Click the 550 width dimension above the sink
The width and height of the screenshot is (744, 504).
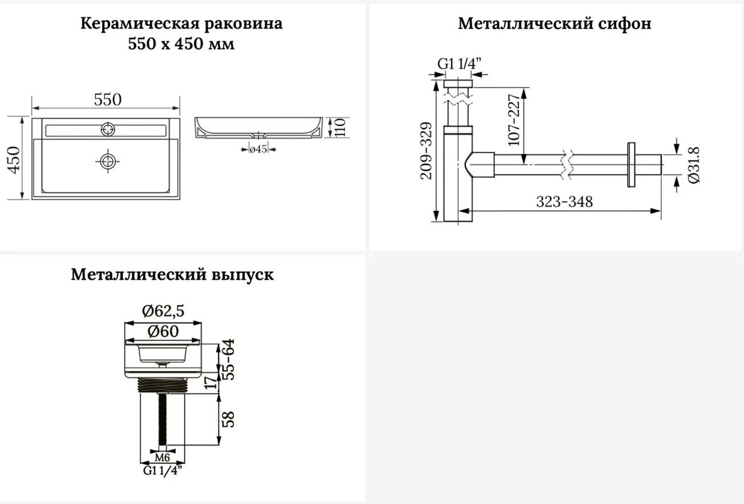pyautogui.click(x=108, y=100)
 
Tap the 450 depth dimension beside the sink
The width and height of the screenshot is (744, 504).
pyautogui.click(x=14, y=160)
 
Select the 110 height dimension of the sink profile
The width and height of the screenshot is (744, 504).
pyautogui.click(x=340, y=128)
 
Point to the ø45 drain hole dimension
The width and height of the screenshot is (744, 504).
pyautogui.click(x=258, y=149)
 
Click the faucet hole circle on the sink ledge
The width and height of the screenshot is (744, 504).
pyautogui.click(x=108, y=129)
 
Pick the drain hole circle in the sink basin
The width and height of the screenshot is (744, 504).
pyautogui.click(x=108, y=161)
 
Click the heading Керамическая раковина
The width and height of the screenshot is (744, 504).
pyautogui.click(x=181, y=23)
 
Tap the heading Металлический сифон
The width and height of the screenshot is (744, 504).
pyautogui.click(x=554, y=23)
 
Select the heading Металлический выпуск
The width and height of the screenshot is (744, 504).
pyautogui.click(x=172, y=274)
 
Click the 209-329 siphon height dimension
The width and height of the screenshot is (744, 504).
pyautogui.click(x=426, y=151)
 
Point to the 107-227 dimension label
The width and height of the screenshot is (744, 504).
pyautogui.click(x=514, y=120)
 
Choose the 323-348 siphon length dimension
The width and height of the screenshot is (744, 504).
pyautogui.click(x=564, y=202)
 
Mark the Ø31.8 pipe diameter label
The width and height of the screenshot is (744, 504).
pyautogui.click(x=693, y=164)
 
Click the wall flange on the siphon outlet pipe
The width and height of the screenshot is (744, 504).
pyautogui.click(x=631, y=164)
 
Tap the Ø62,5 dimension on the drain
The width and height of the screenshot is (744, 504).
pyautogui.click(x=163, y=311)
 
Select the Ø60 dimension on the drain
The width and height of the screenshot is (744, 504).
pyautogui.click(x=163, y=331)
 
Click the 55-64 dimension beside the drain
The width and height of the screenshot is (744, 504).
pyautogui.click(x=229, y=358)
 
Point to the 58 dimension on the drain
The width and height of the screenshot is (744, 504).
pyautogui.click(x=229, y=419)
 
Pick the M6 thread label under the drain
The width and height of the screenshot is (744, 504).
pyautogui.click(x=163, y=457)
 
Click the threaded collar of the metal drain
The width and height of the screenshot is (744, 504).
pyautogui.click(x=163, y=386)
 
